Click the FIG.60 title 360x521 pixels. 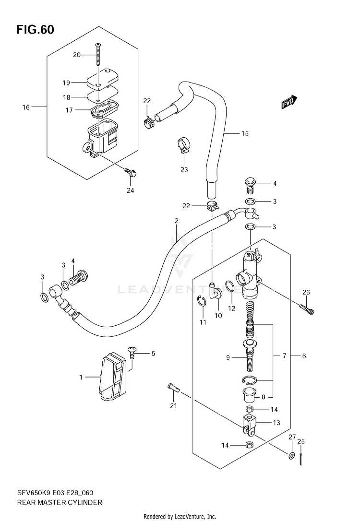35,30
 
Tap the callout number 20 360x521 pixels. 76,55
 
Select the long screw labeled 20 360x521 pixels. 98,55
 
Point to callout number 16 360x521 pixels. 26,107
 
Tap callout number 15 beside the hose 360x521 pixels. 245,133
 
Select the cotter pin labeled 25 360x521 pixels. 300,459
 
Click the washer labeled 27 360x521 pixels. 292,455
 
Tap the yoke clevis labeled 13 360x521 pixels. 250,426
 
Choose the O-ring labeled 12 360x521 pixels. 230,286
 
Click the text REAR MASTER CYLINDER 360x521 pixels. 60,502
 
